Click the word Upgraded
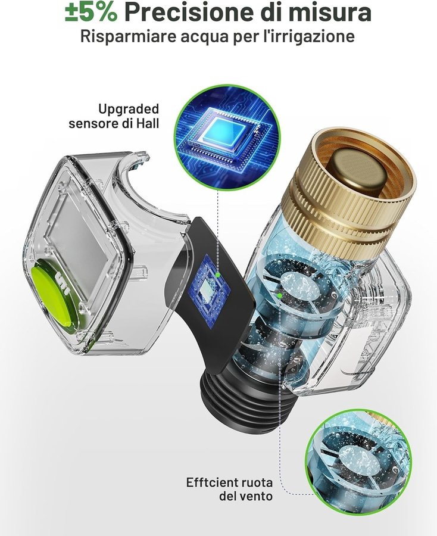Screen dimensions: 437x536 click(129, 110)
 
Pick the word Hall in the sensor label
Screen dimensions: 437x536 click(148, 123)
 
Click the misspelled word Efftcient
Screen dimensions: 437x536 click(211, 482)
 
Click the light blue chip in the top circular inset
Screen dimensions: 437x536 click(224, 135)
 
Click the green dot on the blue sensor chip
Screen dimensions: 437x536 click(217, 274)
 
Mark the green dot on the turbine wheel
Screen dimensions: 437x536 click(279, 295)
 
